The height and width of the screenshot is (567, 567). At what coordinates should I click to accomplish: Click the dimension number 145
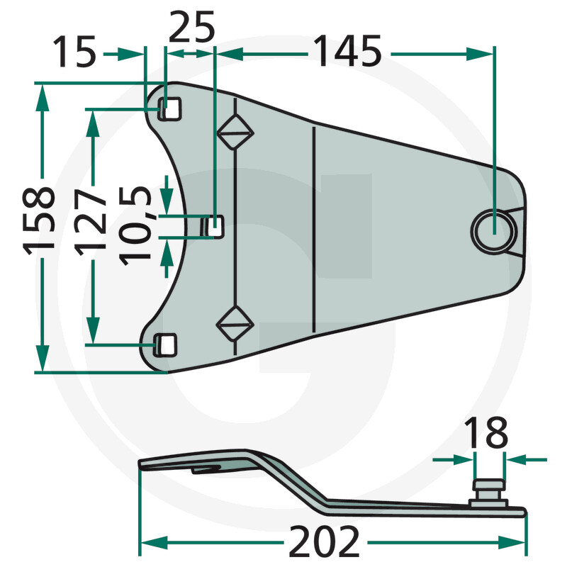tap(347, 51)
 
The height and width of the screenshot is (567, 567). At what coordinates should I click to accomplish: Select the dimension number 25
tap(191, 27)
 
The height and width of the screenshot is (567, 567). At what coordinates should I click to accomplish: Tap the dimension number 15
tap(74, 51)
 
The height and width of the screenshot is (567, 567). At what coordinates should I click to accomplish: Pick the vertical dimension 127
tap(91, 223)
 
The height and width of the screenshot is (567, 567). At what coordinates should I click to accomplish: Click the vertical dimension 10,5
tap(135, 226)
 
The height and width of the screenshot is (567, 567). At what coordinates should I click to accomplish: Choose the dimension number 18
tap(486, 432)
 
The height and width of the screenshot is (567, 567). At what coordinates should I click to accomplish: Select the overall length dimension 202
tap(325, 541)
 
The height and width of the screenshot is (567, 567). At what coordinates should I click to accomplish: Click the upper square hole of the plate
tap(169, 108)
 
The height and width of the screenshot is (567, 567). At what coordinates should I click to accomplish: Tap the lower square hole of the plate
tap(166, 344)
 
